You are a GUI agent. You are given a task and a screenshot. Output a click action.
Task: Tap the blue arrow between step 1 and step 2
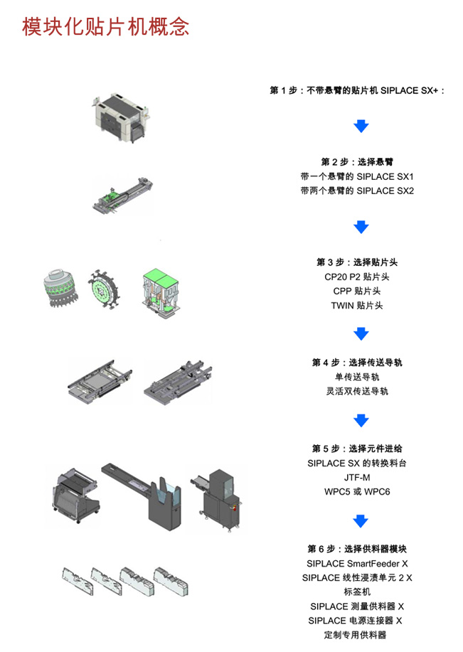click(x=361, y=126)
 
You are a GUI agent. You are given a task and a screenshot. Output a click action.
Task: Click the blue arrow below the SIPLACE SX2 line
click(x=361, y=227)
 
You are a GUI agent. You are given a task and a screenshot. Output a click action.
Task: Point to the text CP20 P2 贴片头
click(x=357, y=277)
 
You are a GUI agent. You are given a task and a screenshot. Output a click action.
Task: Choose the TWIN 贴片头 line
click(x=357, y=306)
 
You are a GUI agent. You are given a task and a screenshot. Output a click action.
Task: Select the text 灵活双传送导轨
click(x=357, y=391)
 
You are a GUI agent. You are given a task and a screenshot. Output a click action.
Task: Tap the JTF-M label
click(x=357, y=477)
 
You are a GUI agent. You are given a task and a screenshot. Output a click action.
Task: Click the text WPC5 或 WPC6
click(x=357, y=491)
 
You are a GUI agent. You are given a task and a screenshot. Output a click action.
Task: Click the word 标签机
click(x=357, y=592)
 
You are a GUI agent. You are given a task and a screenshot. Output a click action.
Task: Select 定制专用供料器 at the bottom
click(x=357, y=635)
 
